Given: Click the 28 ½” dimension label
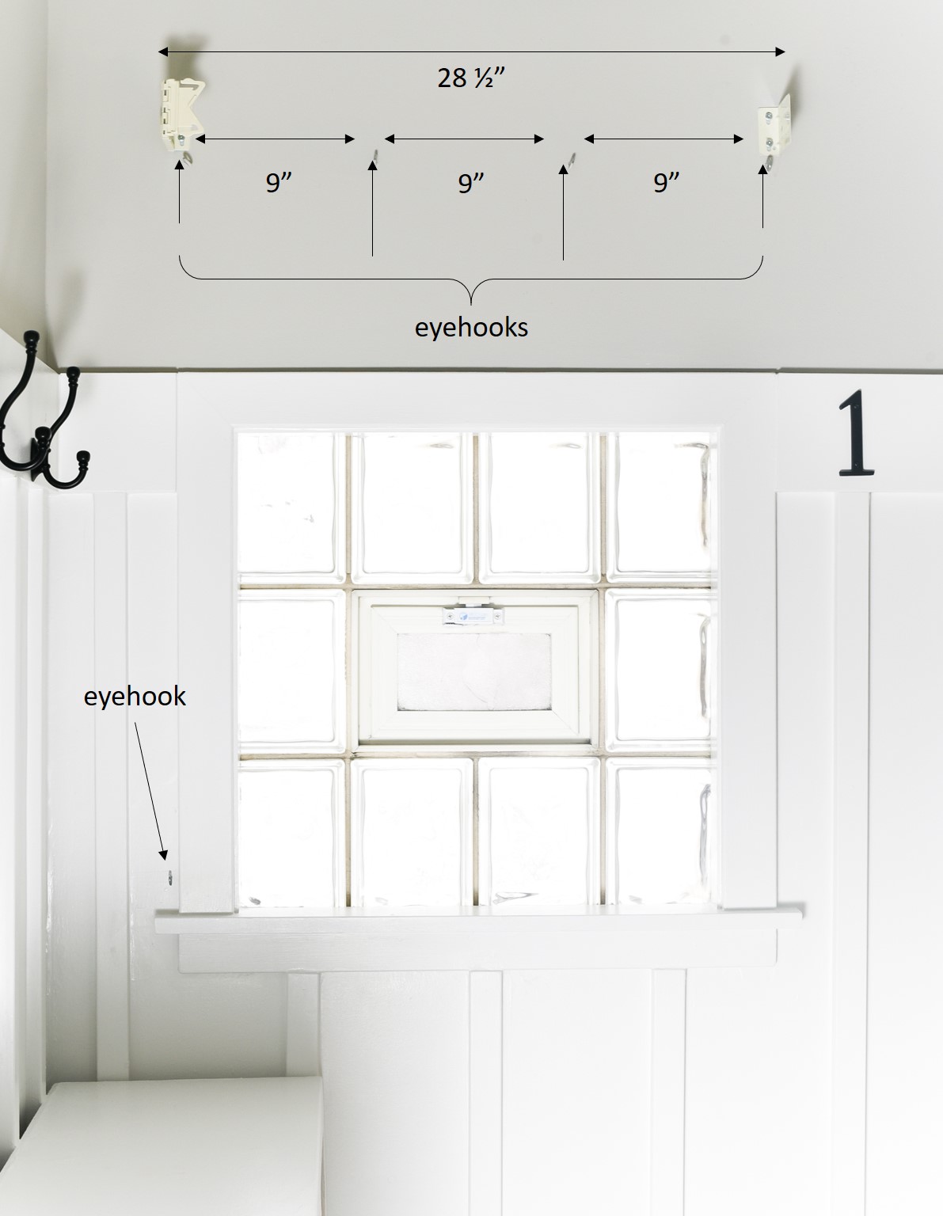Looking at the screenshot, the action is pyautogui.click(x=471, y=78).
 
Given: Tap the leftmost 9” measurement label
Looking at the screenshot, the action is pyautogui.click(x=279, y=182).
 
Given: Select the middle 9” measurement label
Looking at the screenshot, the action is pyautogui.click(x=470, y=182).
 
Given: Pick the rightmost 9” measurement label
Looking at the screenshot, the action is pyautogui.click(x=666, y=182).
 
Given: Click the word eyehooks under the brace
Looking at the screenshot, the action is pyautogui.click(x=471, y=328).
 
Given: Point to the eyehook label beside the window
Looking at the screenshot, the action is pyautogui.click(x=135, y=697).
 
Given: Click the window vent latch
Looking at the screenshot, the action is pyautogui.click(x=473, y=616).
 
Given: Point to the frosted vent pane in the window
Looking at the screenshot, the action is pyautogui.click(x=474, y=672).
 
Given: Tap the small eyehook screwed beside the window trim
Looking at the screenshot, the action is pyautogui.click(x=170, y=877).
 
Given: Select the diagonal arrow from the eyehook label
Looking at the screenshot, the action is pyautogui.click(x=150, y=791).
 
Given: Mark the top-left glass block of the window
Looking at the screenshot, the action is pyautogui.click(x=291, y=507).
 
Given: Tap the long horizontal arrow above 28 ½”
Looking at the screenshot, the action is pyautogui.click(x=471, y=52).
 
